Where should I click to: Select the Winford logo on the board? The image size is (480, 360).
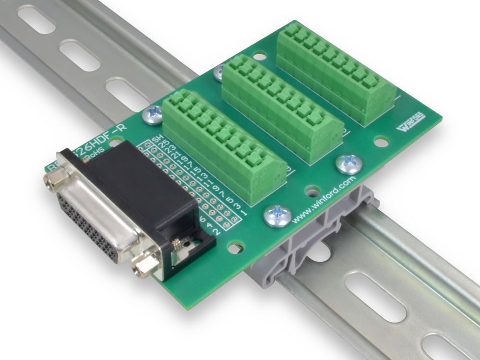coord(408,126)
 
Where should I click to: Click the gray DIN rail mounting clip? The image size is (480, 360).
coord(307,240)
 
